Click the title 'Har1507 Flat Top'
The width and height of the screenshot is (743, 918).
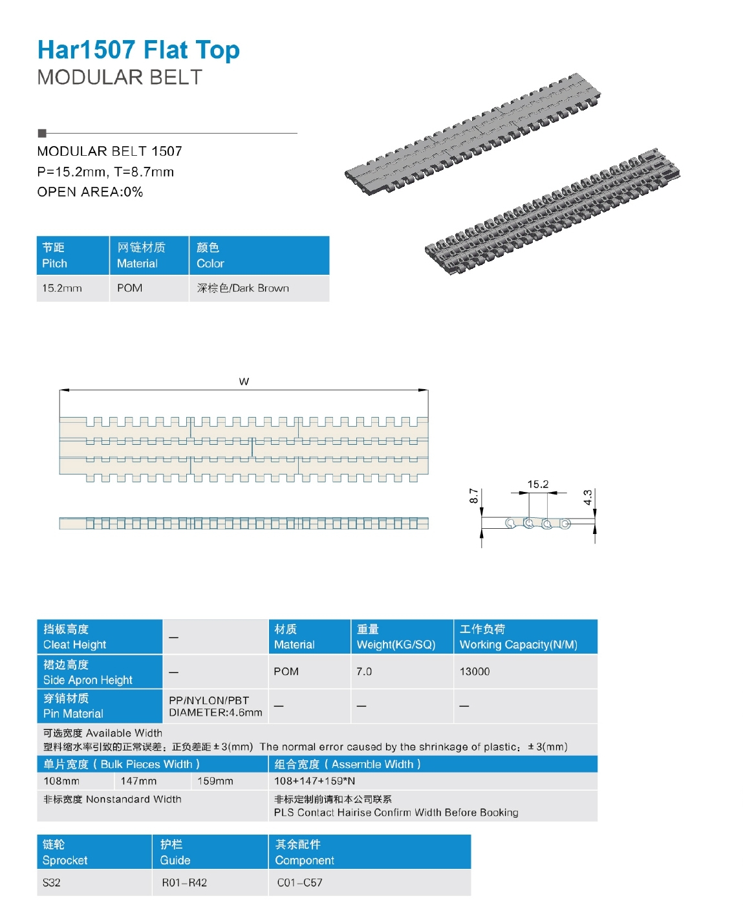coord(138,50)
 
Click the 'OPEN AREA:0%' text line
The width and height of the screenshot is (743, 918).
coord(90,192)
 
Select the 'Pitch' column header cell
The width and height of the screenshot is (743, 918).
coord(72,255)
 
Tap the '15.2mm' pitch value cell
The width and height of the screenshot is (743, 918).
coord(62,288)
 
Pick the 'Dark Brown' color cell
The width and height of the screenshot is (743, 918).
coord(243,288)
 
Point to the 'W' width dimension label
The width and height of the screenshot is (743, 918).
coord(244,381)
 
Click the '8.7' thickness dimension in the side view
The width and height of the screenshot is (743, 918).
coord(474,496)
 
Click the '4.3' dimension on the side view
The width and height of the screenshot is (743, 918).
coord(588,497)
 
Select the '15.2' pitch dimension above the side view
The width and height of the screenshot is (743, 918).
coord(537,484)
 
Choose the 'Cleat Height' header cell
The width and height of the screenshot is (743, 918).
coord(99,637)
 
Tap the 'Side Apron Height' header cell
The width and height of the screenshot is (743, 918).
coord(99,672)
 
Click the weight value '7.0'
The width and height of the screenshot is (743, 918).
coord(364,672)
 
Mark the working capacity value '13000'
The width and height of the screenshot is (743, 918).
coord(475,672)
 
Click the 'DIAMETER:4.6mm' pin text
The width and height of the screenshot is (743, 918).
coord(215,712)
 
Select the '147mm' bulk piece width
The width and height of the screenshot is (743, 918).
coord(138,781)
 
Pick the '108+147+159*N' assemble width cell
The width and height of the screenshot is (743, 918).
coord(314,781)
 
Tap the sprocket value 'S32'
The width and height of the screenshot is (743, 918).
coord(52,882)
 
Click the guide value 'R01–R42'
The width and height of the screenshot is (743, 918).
coord(184,882)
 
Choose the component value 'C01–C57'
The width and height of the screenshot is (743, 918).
coord(299,882)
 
